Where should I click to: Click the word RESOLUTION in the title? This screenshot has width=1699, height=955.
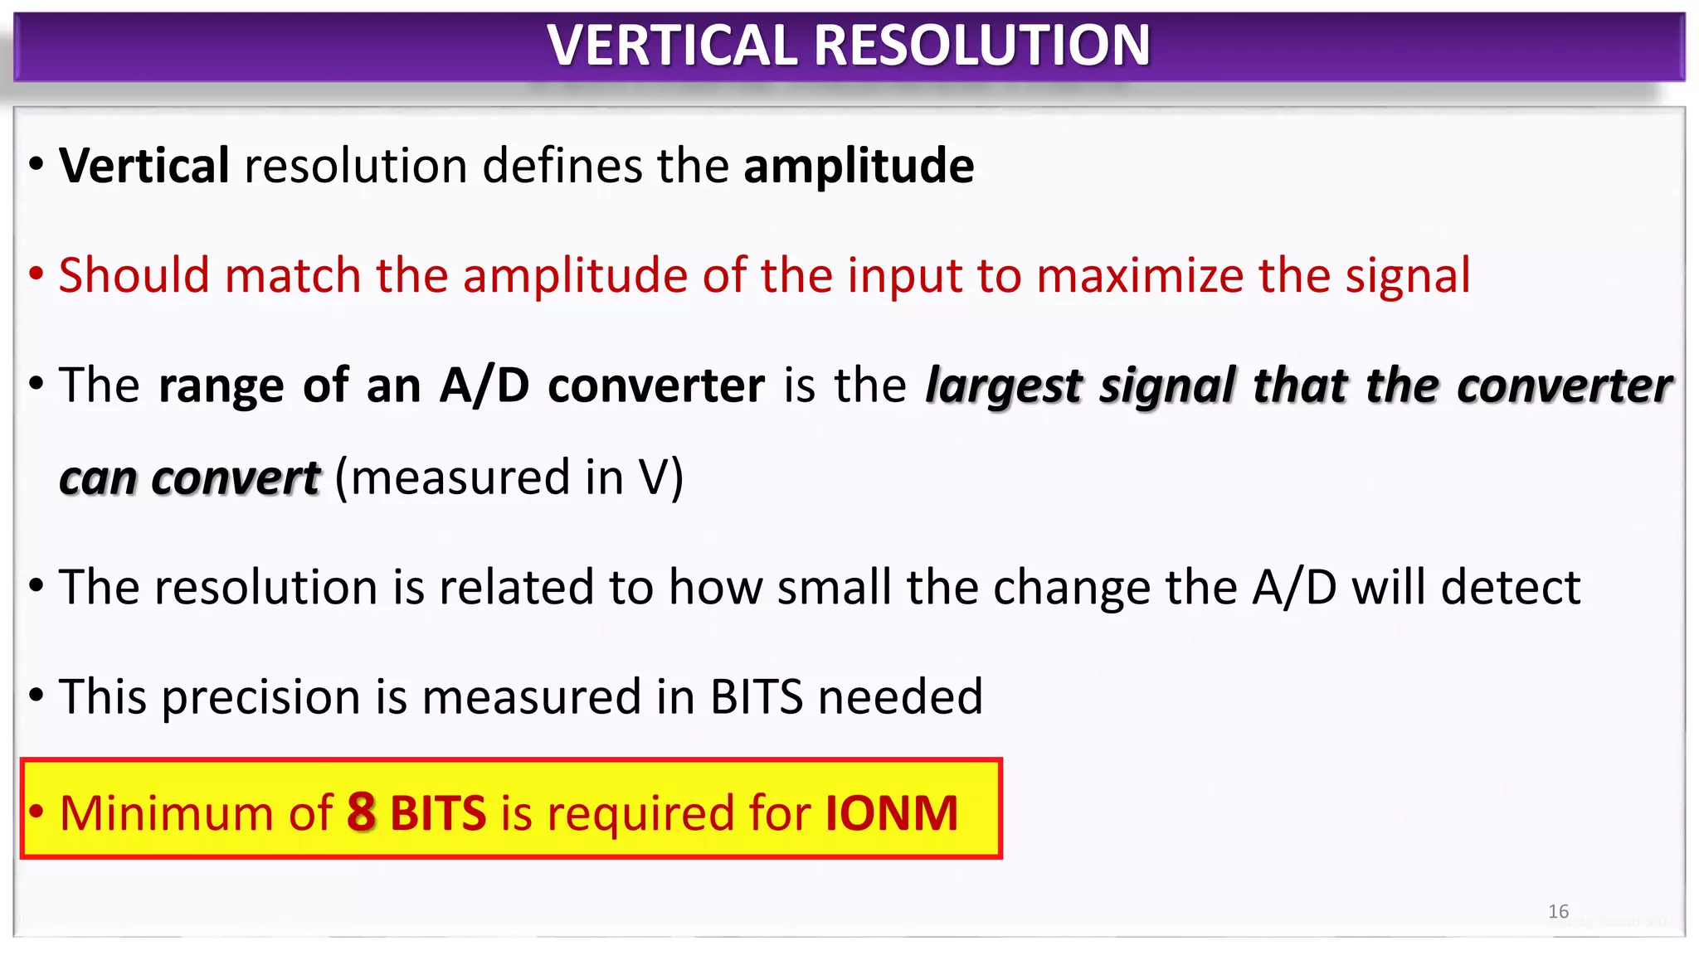point(982,45)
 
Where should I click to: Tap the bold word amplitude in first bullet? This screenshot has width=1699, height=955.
point(859,167)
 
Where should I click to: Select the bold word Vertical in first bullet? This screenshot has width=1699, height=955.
point(144,165)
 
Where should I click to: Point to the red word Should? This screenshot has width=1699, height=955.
point(134,275)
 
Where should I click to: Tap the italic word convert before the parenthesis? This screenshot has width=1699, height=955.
point(236,479)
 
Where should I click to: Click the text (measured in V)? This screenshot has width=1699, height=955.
point(509,478)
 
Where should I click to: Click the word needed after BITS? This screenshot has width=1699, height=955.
point(900,697)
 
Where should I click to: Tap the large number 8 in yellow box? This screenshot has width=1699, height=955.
point(361,812)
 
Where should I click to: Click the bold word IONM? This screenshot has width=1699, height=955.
point(891,813)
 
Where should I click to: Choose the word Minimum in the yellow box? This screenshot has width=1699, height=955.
point(166,813)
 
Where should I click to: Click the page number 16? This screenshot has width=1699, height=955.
point(1558,912)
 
